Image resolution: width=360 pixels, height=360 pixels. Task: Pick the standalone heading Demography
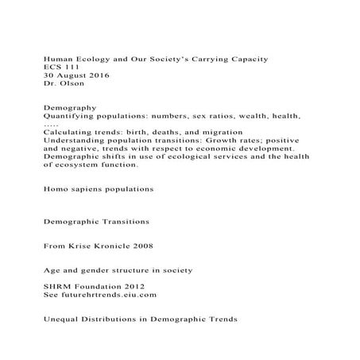tap(70, 107)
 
